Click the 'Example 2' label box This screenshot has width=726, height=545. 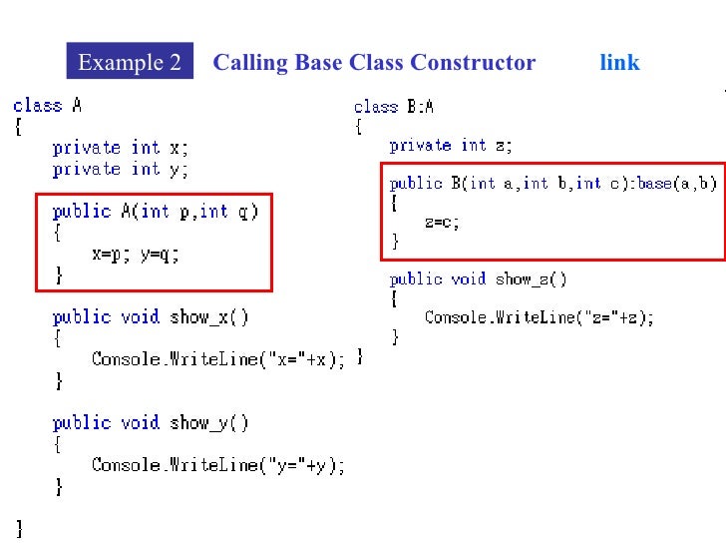click(130, 63)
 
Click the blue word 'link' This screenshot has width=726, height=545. click(619, 63)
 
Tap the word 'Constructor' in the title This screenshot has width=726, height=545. click(473, 63)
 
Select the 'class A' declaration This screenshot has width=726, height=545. click(38, 105)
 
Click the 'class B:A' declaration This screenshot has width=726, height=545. click(394, 106)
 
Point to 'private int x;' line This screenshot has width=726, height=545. click(120, 147)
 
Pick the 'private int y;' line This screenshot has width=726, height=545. click(120, 169)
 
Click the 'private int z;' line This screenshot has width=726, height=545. click(451, 146)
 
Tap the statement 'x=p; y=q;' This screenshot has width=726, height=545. click(136, 254)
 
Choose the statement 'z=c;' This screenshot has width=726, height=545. click(442, 223)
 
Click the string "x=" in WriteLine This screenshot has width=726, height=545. click(275, 359)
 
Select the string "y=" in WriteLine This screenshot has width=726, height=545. click(275, 465)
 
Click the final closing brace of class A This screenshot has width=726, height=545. click(18, 525)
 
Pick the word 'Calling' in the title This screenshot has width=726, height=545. click(250, 63)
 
